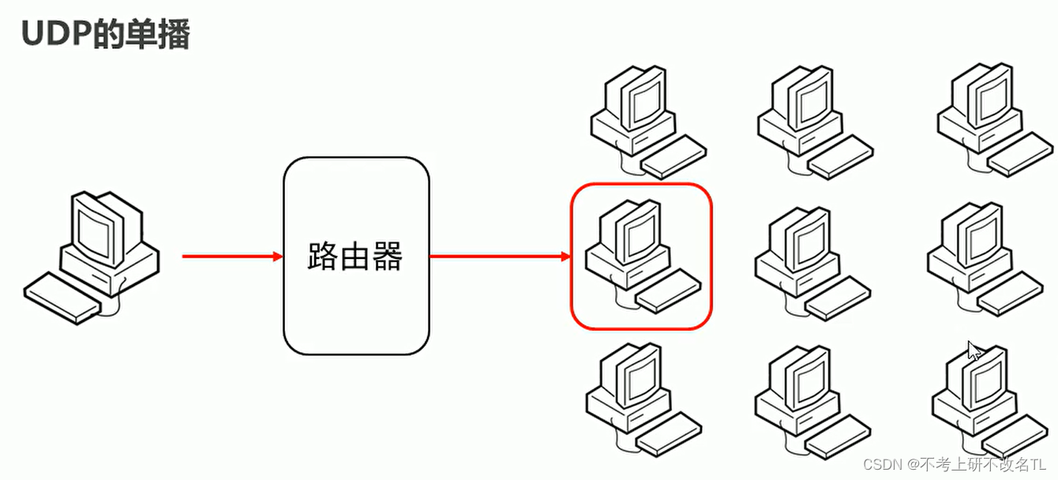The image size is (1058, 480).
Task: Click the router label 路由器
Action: [x=355, y=256]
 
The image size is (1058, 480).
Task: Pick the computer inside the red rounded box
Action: [x=640, y=254]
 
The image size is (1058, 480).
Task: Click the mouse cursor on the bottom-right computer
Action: [x=975, y=351]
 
